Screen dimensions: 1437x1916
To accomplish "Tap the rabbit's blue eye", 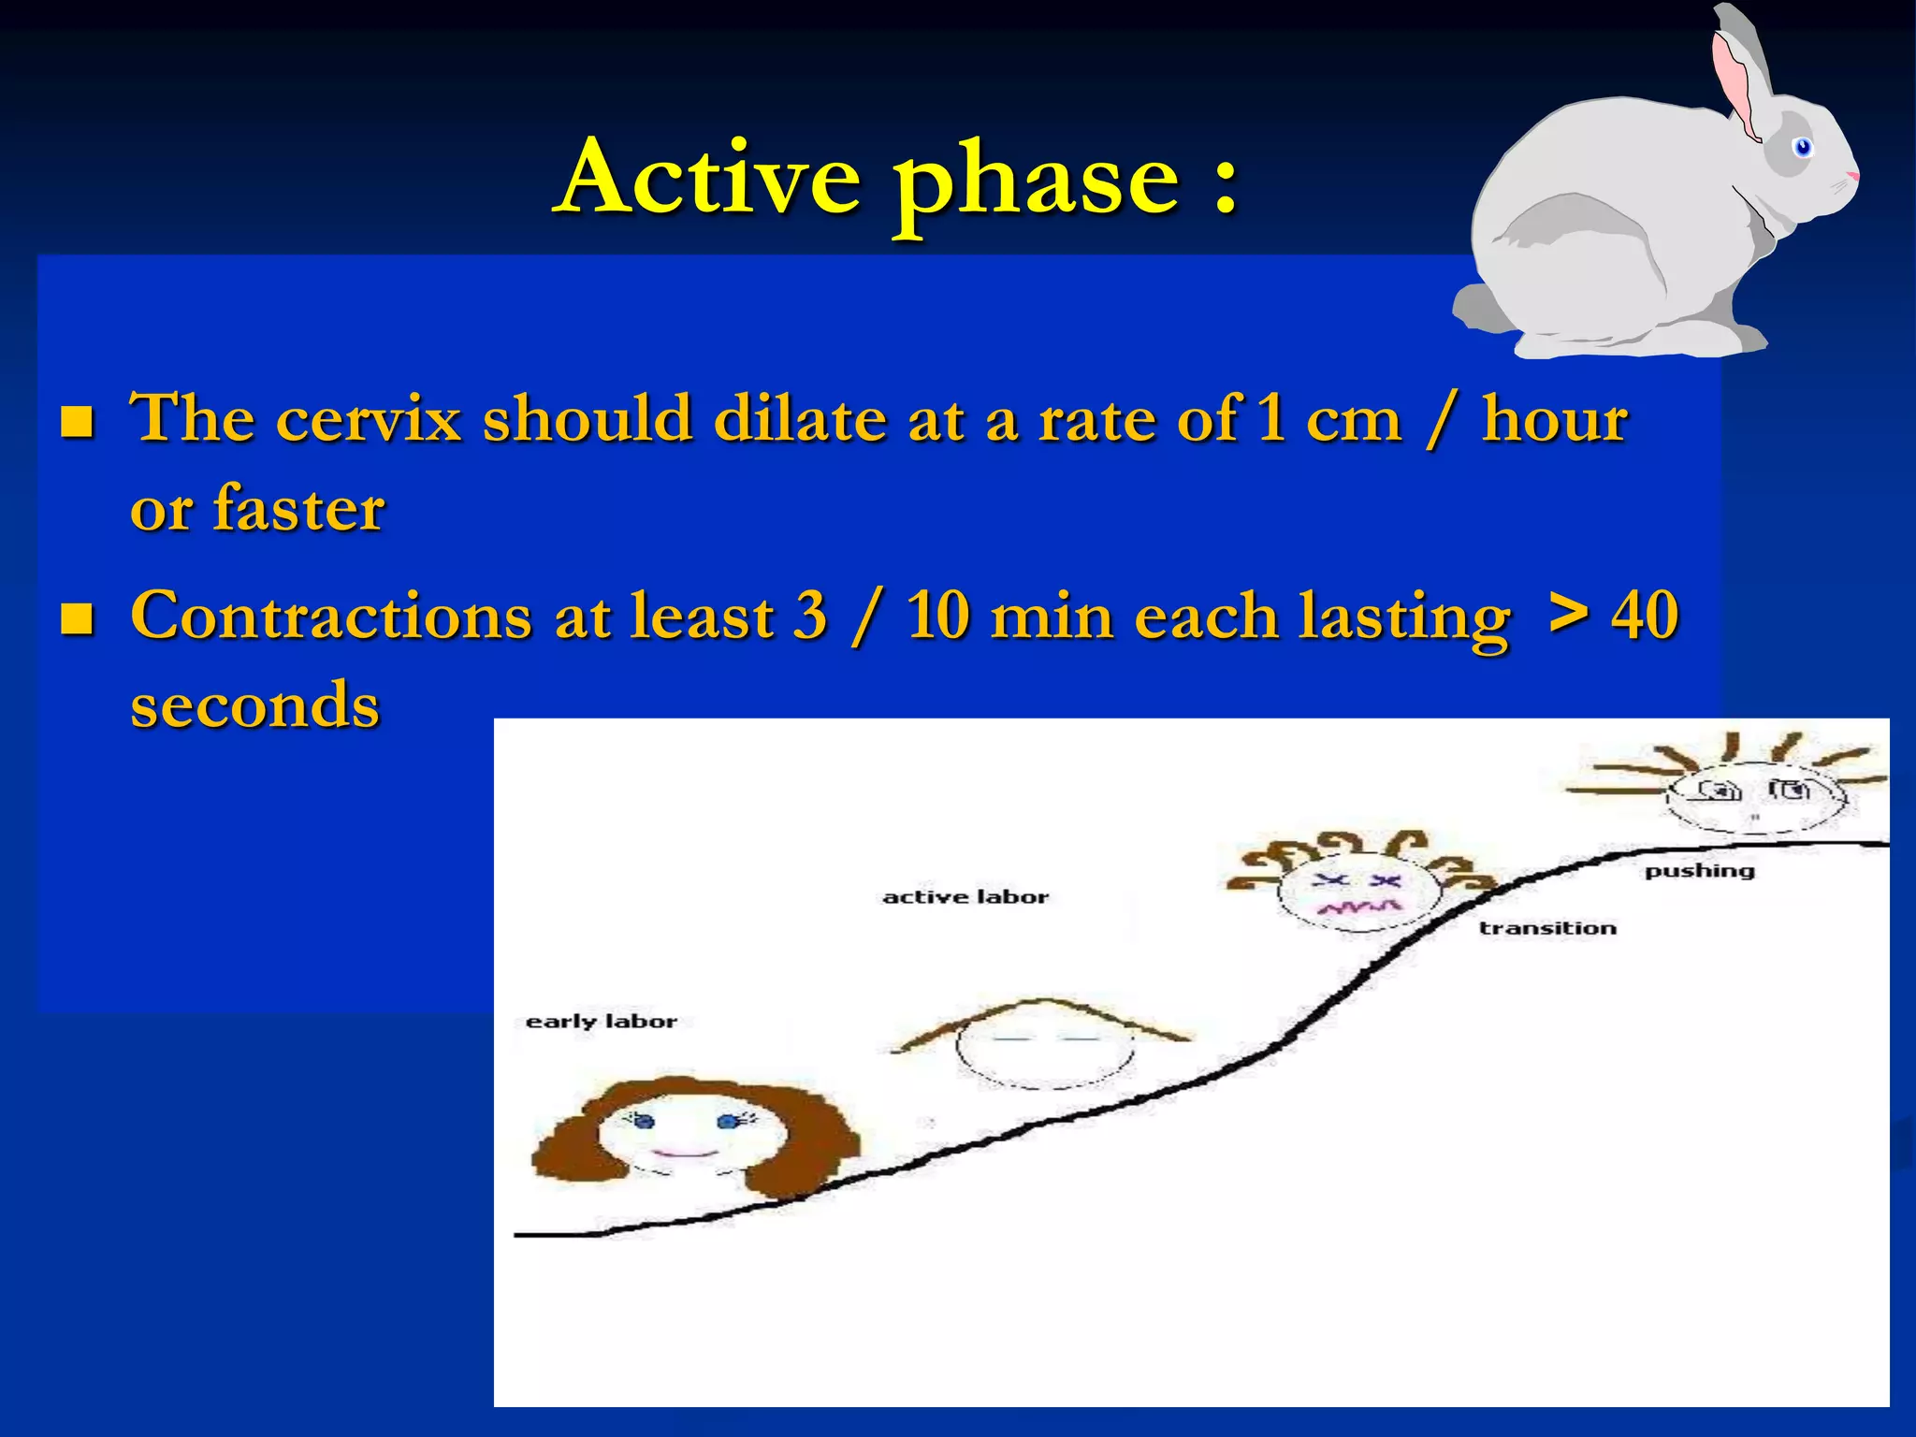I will click(x=1803, y=147).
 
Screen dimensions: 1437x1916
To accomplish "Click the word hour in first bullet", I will click(x=1554, y=418).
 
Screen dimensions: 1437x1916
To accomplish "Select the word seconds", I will click(x=254, y=705).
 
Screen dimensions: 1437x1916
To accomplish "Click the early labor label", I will click(x=601, y=1021).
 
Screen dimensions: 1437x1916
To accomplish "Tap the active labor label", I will click(x=965, y=896).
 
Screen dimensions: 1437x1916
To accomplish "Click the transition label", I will click(x=1547, y=928).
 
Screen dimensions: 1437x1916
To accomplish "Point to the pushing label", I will click(x=1699, y=871).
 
